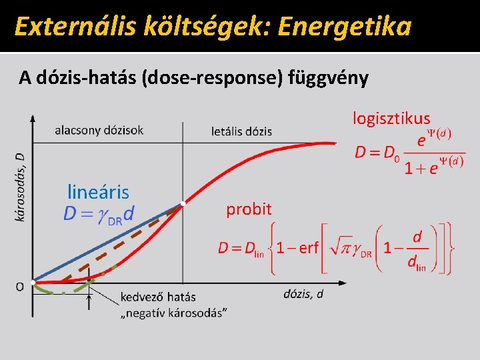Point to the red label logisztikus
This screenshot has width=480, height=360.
click(391, 119)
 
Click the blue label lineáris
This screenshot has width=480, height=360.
click(98, 193)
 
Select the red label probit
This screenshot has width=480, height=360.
click(249, 209)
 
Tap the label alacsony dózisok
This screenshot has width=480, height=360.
click(99, 130)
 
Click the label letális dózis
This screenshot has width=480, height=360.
click(241, 131)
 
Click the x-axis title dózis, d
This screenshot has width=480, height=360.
click(303, 293)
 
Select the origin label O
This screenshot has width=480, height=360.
click(20, 286)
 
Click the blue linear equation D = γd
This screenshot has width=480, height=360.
click(99, 213)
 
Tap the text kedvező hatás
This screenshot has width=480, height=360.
click(158, 297)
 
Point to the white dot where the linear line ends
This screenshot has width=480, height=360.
click(183, 203)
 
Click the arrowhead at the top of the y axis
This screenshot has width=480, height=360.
click(33, 117)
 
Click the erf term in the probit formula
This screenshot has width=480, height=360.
click(309, 249)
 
